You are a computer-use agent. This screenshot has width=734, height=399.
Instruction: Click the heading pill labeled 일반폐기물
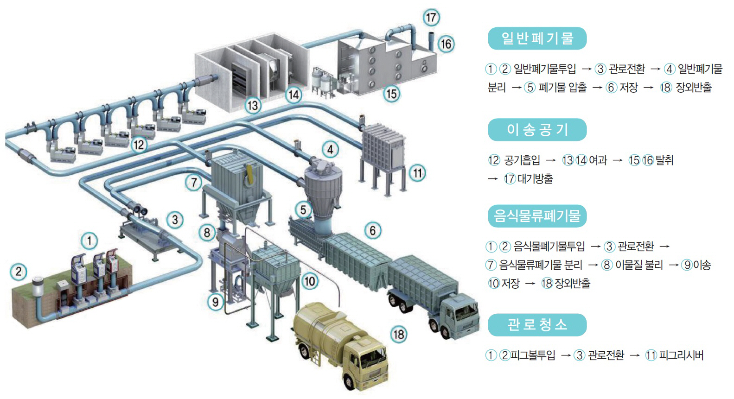coord(537,38)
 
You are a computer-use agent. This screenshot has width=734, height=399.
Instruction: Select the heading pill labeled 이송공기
coord(537,130)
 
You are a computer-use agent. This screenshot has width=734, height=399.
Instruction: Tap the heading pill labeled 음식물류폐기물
coord(537,216)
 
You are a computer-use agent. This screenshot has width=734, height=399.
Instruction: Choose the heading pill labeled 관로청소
coord(537,325)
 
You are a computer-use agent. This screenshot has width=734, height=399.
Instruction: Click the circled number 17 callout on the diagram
coord(431,18)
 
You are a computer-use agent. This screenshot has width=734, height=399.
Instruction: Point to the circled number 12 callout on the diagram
coord(139,145)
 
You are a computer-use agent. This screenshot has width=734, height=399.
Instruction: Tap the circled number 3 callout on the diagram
coord(175,220)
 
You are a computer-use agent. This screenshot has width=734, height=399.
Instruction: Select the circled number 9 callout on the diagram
coord(215,302)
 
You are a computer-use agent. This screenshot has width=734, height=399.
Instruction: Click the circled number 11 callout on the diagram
coord(418,173)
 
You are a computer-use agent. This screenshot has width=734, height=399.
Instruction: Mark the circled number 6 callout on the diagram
coord(372,230)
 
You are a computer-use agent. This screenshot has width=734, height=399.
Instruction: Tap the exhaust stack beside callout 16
coord(431,42)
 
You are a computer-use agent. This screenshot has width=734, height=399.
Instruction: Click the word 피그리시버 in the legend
coord(681,355)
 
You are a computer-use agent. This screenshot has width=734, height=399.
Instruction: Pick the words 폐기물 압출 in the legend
coord(562,88)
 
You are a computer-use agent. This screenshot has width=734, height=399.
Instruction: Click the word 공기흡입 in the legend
coord(522,160)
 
